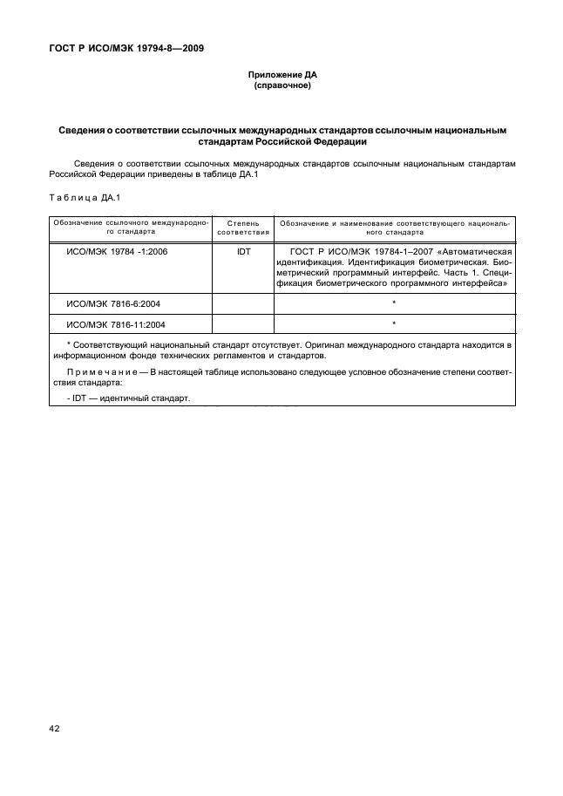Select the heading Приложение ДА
click(281, 76)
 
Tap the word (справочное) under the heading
click(281, 86)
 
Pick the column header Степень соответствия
click(243, 228)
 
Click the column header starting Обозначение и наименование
click(395, 228)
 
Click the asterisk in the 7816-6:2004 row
click(395, 303)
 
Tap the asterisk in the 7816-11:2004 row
click(395, 324)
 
